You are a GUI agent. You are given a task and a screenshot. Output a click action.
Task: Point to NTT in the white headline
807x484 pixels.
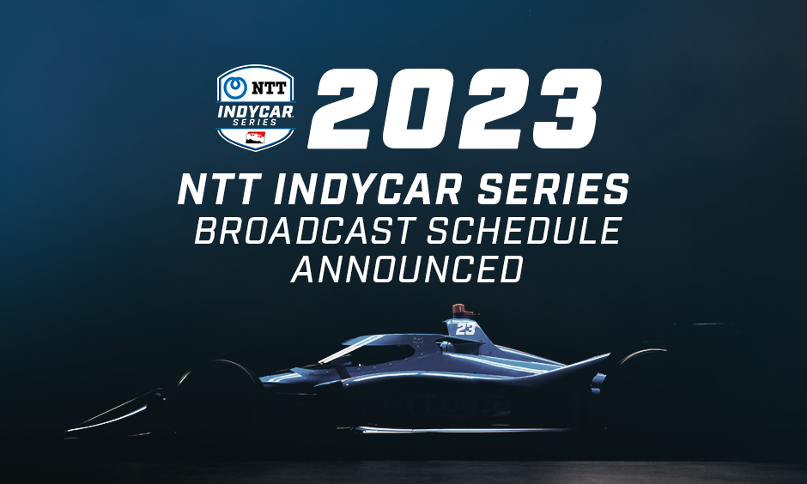click(218, 189)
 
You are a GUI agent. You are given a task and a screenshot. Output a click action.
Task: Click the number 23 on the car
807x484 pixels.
click(465, 328)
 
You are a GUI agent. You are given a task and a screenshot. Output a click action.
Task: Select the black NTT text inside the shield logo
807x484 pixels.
click(264, 88)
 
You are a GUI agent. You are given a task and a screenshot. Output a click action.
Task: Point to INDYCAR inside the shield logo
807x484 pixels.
click(255, 111)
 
